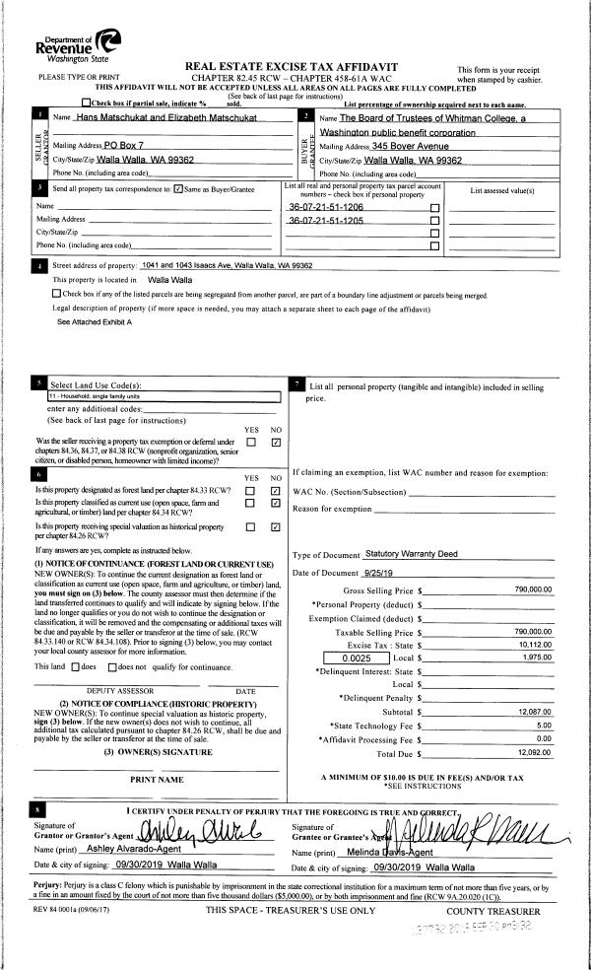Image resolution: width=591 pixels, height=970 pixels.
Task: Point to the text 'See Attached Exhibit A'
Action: (x=95, y=322)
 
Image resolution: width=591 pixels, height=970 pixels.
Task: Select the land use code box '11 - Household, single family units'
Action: (x=164, y=396)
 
